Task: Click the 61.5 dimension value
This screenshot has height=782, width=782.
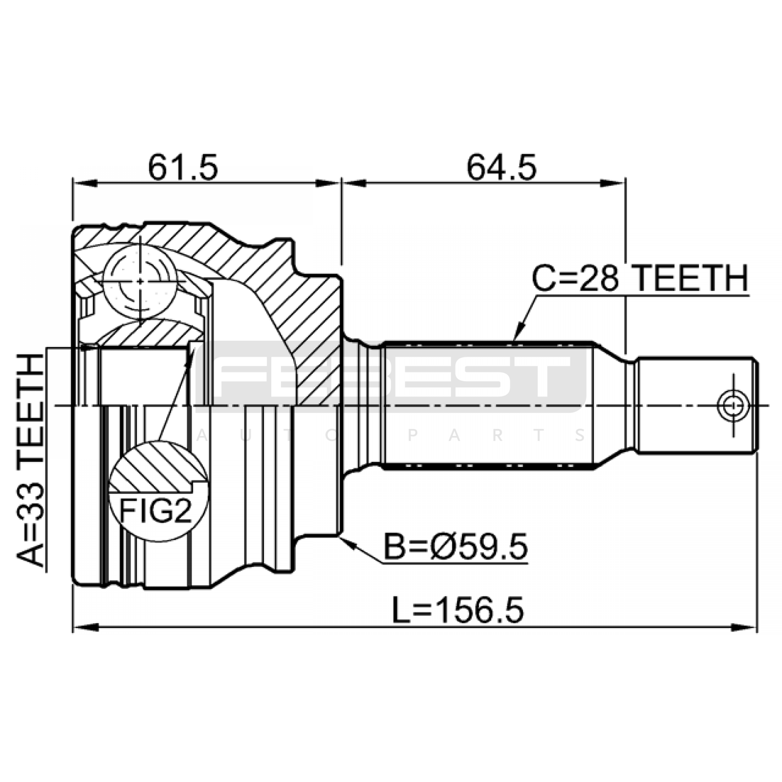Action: point(183,167)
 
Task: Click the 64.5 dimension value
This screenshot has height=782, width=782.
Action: point(501,167)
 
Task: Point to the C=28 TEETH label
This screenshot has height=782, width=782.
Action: point(640,279)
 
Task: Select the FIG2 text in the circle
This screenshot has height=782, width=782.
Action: point(156,511)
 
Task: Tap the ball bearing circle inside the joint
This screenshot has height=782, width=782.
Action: point(140,281)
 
